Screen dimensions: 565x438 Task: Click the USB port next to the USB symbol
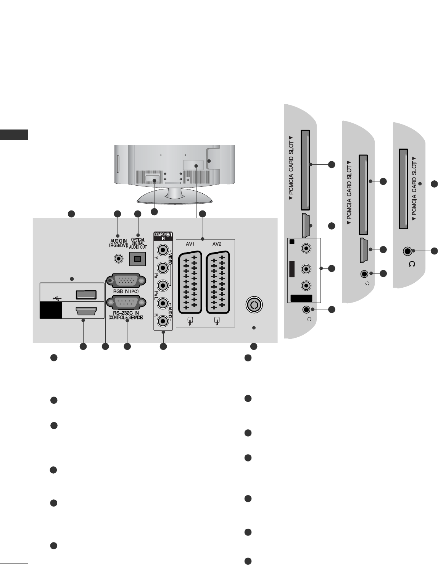pos(86,295)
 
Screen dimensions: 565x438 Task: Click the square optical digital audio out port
pos(137,259)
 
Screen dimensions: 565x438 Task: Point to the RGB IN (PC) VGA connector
pos(126,281)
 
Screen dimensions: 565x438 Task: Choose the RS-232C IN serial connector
pos(126,304)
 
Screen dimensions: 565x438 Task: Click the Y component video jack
pos(163,251)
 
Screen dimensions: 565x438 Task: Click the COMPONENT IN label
pos(163,235)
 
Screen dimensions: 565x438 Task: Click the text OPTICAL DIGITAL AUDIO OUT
pos(138,244)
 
